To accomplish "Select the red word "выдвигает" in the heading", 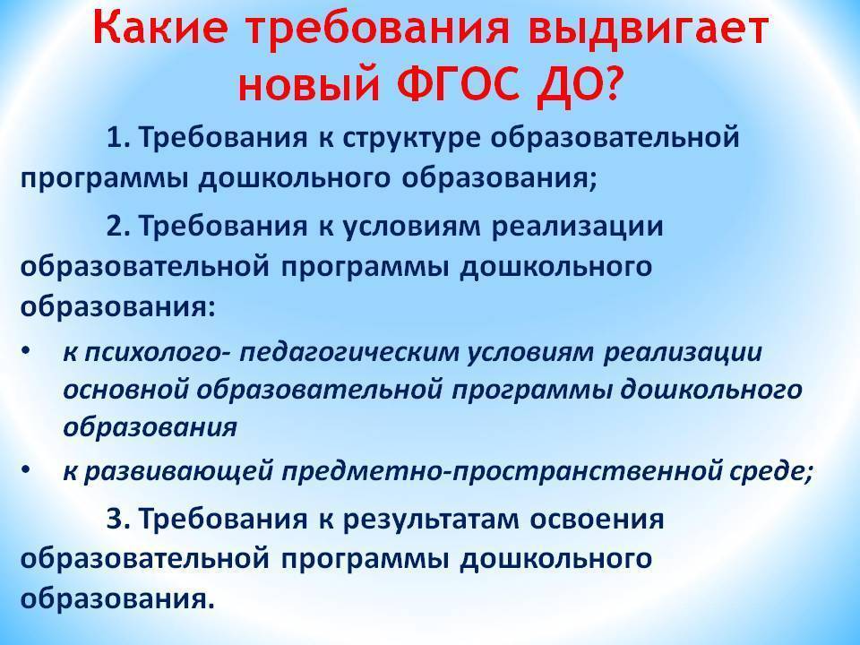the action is click(x=648, y=30).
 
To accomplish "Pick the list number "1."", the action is click(x=117, y=138).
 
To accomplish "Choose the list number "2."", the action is click(x=117, y=226).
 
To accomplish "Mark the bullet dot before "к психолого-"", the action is click(x=25, y=350).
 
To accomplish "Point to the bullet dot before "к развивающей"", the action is click(x=25, y=469).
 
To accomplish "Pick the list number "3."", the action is click(x=117, y=519).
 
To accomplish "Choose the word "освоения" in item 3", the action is click(x=597, y=520).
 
